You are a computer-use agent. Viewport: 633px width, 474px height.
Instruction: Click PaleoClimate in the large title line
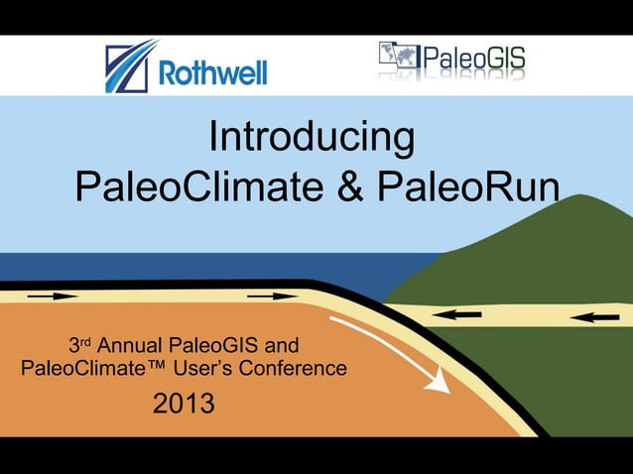point(199,186)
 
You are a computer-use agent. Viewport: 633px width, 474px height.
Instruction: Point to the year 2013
point(184,405)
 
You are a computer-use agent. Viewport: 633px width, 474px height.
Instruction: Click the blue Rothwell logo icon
point(130,66)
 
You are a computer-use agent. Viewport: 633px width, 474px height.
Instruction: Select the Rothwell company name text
point(212,72)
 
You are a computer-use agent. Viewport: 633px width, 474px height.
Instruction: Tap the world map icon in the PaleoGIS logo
point(401,58)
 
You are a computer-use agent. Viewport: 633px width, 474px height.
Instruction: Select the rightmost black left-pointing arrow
point(594,317)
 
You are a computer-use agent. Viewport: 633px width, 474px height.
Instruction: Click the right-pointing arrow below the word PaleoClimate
point(271,296)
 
